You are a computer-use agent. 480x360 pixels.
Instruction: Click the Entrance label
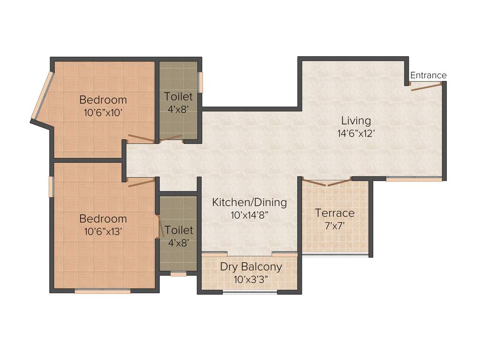click(x=428, y=75)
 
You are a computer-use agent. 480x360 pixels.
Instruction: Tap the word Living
click(x=356, y=120)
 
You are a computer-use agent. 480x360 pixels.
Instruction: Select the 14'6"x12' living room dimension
click(x=356, y=133)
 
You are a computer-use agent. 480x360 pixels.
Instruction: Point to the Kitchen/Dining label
click(x=249, y=202)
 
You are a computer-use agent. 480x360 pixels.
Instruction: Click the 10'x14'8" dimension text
click(x=249, y=215)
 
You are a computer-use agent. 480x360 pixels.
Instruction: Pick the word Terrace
click(x=335, y=213)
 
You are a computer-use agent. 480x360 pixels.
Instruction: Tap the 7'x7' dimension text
click(x=335, y=225)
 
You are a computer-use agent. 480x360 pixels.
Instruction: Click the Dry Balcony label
click(x=251, y=267)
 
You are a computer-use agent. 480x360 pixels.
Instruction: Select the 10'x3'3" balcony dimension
click(x=251, y=280)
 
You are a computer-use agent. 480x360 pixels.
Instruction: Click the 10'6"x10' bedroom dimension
click(x=103, y=112)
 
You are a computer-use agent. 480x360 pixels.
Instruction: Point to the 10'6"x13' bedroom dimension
click(x=103, y=231)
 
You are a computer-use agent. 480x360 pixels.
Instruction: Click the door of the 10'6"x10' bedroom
click(x=141, y=138)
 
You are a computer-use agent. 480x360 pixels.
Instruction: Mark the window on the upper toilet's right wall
click(x=201, y=82)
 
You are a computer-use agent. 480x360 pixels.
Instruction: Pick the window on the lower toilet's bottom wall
click(x=178, y=274)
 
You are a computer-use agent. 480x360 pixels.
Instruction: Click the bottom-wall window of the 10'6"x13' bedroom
click(x=102, y=291)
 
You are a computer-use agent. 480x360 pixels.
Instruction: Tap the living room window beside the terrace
click(x=414, y=179)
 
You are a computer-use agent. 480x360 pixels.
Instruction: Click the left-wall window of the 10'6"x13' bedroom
click(x=52, y=187)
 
